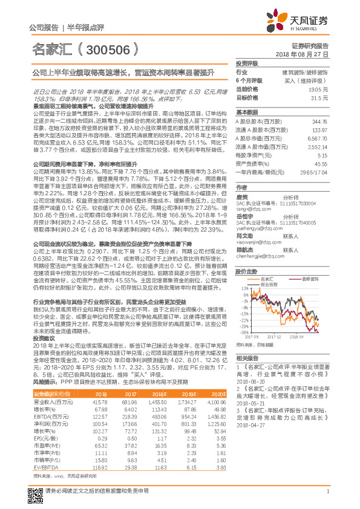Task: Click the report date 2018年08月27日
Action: click(x=309, y=54)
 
